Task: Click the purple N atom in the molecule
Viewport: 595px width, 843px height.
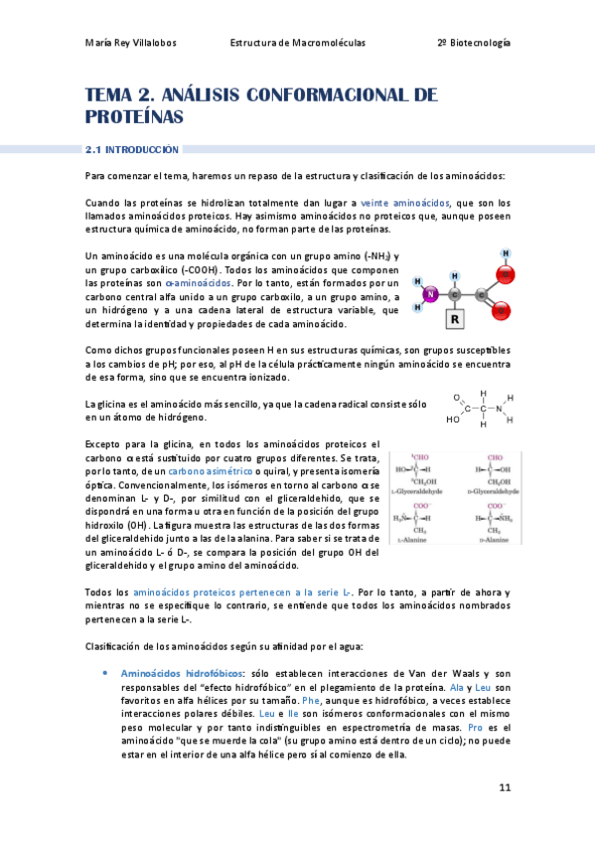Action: click(431, 294)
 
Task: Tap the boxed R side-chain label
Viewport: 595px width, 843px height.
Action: click(455, 320)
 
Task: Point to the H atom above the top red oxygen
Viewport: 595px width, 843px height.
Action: click(506, 253)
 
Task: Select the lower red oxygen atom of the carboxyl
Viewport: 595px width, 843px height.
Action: click(503, 311)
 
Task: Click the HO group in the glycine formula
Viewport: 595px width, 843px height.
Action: click(453, 420)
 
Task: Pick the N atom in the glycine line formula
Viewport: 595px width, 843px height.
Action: click(500, 406)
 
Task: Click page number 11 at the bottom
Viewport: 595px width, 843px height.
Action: click(505, 788)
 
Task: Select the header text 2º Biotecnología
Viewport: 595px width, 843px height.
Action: click(474, 43)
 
